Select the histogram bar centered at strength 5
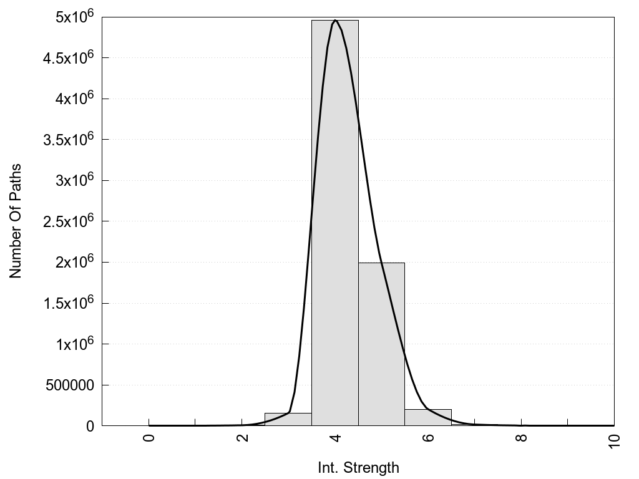click(381, 344)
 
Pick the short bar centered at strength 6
click(428, 417)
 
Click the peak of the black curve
click(336, 20)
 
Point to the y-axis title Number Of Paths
click(16, 221)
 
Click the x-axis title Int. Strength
click(358, 467)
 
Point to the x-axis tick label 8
click(522, 437)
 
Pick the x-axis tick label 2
click(242, 437)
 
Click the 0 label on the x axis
click(149, 437)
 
